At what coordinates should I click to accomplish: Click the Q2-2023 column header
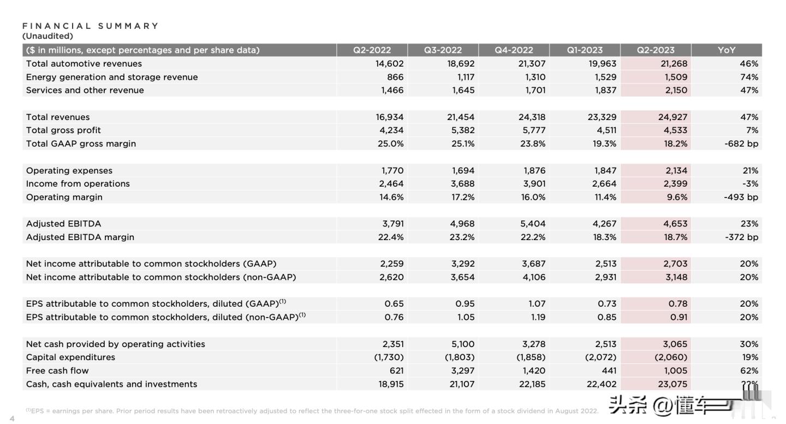[656, 50]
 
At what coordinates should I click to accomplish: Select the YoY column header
[727, 50]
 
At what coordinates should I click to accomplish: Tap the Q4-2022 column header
[514, 50]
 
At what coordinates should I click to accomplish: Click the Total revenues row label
[58, 117]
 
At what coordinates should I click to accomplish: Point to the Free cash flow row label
[57, 371]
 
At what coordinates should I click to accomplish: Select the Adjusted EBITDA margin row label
[80, 237]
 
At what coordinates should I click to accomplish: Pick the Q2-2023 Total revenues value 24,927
[672, 117]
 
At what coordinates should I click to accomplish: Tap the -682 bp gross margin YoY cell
[741, 144]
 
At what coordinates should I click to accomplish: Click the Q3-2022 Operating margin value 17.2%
[463, 197]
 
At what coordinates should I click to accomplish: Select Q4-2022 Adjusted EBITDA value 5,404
[533, 224]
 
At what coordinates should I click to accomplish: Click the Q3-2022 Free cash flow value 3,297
[462, 371]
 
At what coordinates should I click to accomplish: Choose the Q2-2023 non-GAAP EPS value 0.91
[678, 318]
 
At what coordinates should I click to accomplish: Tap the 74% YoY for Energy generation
[749, 77]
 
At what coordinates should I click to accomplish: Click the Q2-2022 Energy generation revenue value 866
[395, 77]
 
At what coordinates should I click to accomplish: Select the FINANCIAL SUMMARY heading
[91, 26]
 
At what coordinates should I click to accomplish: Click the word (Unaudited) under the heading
[47, 36]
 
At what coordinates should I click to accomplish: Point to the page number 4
[12, 419]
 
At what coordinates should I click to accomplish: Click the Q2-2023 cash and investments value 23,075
[672, 384]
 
